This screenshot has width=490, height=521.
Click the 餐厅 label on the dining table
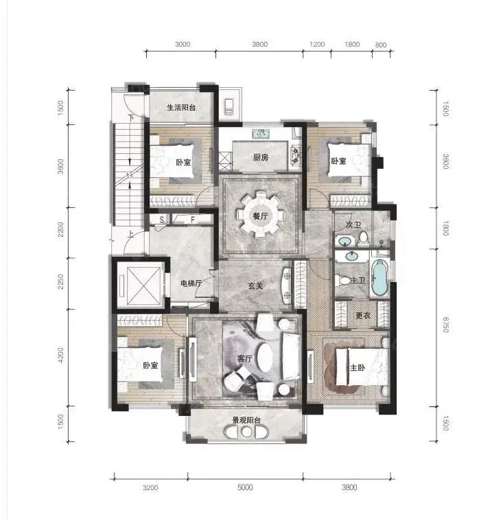[260, 216]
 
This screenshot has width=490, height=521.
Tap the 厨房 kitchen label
[261, 157]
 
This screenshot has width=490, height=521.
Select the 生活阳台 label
[181, 107]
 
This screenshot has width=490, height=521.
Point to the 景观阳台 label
[246, 420]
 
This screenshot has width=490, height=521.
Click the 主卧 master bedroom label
[358, 367]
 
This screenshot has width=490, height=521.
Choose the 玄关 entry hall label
[255, 286]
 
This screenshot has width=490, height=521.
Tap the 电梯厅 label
[191, 283]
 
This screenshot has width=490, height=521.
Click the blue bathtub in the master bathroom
[380, 278]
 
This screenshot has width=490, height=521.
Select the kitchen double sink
[261, 134]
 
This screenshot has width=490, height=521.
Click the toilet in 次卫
[364, 239]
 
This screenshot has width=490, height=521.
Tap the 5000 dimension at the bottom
[245, 487]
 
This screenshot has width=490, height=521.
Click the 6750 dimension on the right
[446, 325]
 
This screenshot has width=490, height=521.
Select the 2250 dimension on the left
[60, 281]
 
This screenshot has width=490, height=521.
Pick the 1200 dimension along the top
[317, 44]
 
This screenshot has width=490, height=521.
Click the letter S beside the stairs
[162, 220]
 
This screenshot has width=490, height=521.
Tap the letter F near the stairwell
[192, 220]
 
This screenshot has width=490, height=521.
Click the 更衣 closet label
[363, 315]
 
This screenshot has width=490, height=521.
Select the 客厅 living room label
[244, 358]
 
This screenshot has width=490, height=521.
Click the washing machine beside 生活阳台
[229, 106]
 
